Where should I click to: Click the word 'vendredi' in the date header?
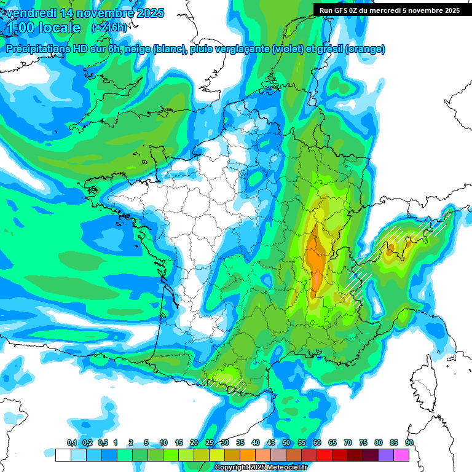pyautogui.click(x=28, y=13)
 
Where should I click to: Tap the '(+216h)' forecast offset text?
pyautogui.click(x=109, y=28)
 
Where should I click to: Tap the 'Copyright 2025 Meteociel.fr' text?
pyautogui.click(x=261, y=468)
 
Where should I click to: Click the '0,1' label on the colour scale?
pyautogui.click(x=71, y=442)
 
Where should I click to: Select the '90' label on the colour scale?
pyautogui.click(x=409, y=442)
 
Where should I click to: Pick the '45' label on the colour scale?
pyautogui.click(x=271, y=442)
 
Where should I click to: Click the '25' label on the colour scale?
pyautogui.click(x=210, y=442)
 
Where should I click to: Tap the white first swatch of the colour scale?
pyautogui.click(x=63, y=455)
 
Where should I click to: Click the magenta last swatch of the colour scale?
pyautogui.click(x=401, y=455)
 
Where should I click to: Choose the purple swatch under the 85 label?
pyautogui.click(x=386, y=455)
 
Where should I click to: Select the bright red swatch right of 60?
pyautogui.click(x=324, y=455)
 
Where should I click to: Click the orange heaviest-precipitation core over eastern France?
pyautogui.click(x=316, y=258)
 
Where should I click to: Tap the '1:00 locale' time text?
pyautogui.click(x=44, y=28)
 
